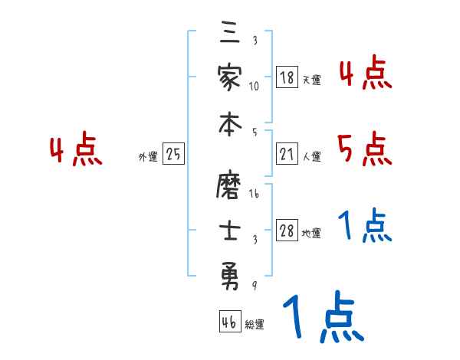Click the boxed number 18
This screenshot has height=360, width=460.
pyautogui.click(x=287, y=77)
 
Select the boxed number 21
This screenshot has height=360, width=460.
pyautogui.click(x=287, y=154)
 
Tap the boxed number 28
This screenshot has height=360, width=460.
pyautogui.click(x=287, y=231)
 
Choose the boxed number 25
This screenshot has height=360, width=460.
pyautogui.click(x=173, y=154)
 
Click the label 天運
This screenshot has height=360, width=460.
pyautogui.click(x=311, y=80)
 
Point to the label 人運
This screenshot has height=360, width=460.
pyautogui.click(x=311, y=157)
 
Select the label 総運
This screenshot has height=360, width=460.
pyautogui.click(x=254, y=325)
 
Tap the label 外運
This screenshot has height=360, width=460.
pyautogui.click(x=148, y=157)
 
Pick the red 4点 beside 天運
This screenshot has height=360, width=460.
pyautogui.click(x=365, y=74)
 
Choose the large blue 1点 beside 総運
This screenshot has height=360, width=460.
pyautogui.click(x=321, y=318)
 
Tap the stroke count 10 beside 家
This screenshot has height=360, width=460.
pyautogui.click(x=255, y=86)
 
